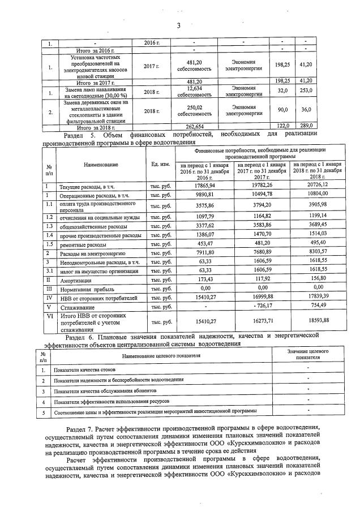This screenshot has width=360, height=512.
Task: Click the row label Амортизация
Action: [x=76, y=279]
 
